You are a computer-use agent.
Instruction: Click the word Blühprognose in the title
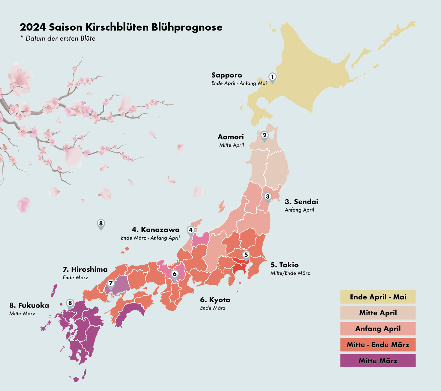point(187,27)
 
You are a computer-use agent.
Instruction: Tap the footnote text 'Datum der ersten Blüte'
point(60,38)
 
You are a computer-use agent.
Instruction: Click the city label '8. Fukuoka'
point(29,305)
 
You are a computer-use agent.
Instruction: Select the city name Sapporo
point(226,75)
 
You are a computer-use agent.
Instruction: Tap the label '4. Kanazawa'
point(156,230)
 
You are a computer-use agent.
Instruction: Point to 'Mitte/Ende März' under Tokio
point(290,273)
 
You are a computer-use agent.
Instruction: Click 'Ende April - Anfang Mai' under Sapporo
point(239,83)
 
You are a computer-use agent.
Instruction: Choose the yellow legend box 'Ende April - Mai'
point(378,297)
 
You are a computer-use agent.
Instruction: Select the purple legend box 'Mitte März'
point(378,361)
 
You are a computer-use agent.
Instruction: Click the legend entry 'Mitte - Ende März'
point(378,345)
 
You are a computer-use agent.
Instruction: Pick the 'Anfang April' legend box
point(378,329)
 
